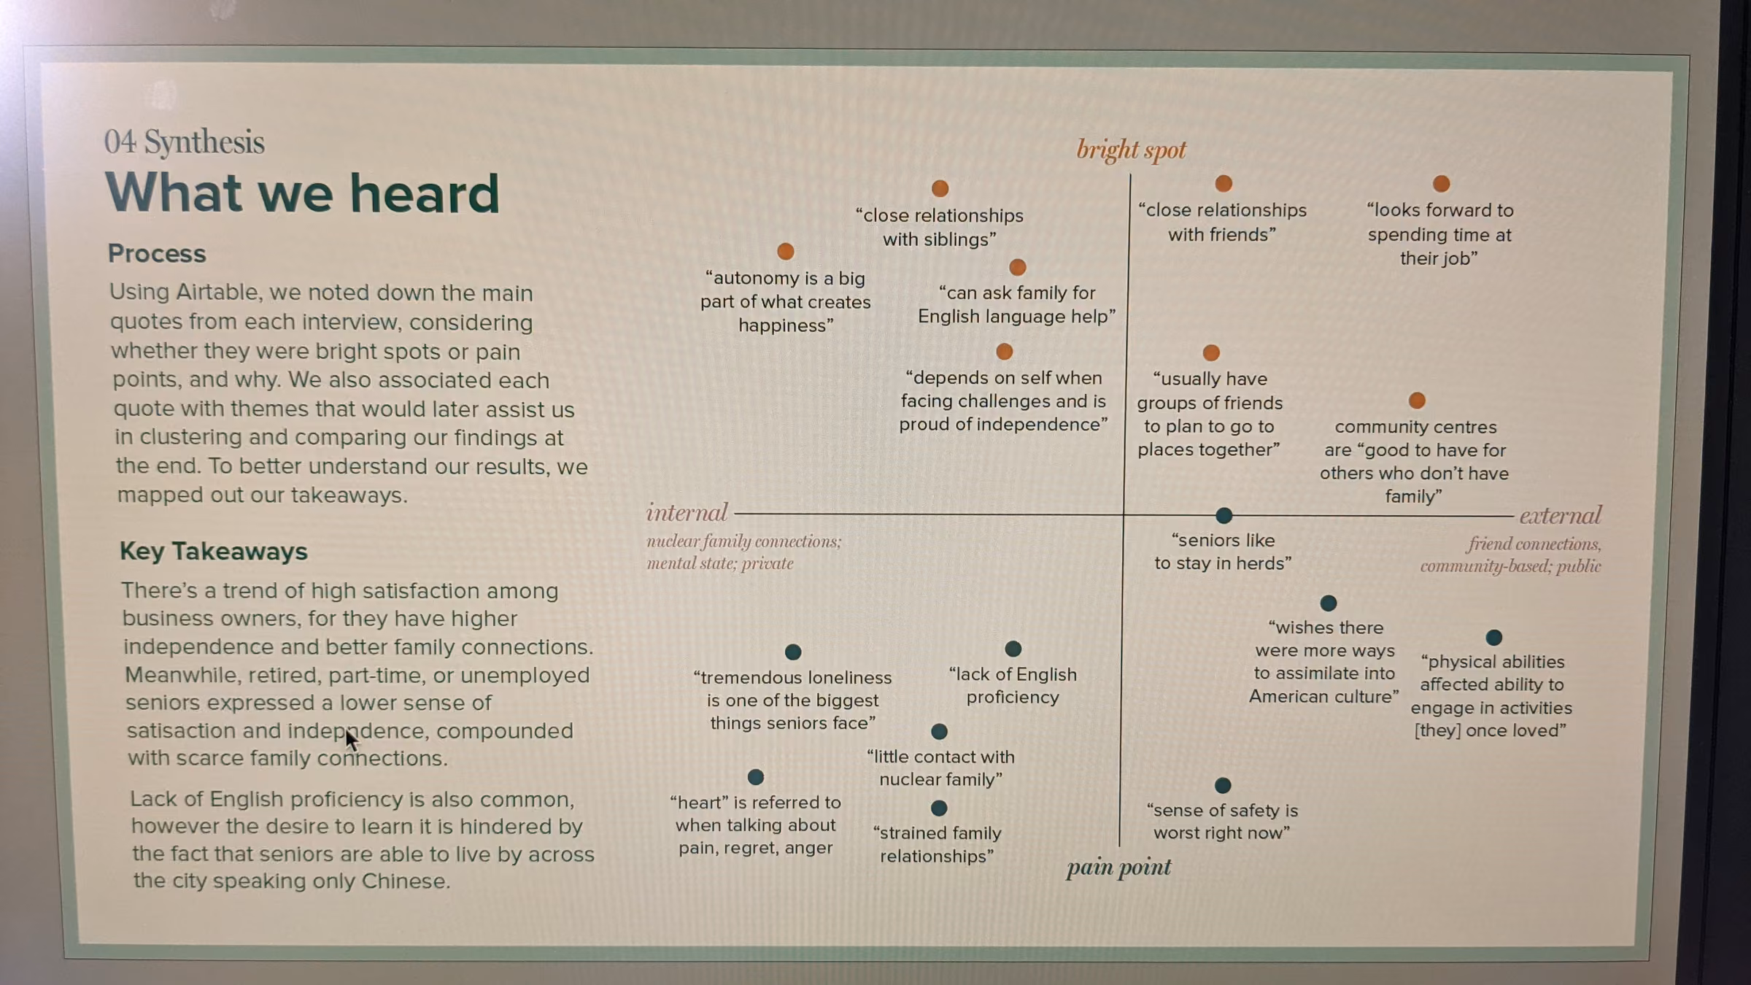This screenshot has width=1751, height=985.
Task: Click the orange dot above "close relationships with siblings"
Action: pyautogui.click(x=940, y=188)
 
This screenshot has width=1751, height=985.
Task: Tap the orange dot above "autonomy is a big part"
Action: pyautogui.click(x=785, y=251)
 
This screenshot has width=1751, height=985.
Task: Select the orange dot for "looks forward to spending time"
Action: pyautogui.click(x=1441, y=183)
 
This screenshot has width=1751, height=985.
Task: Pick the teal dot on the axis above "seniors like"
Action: pyautogui.click(x=1224, y=515)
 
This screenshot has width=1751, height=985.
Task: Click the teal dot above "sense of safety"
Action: pyautogui.click(x=1223, y=785)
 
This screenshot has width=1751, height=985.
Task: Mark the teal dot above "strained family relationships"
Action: pyautogui.click(x=939, y=808)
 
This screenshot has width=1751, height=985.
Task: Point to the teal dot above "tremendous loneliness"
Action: pyautogui.click(x=793, y=652)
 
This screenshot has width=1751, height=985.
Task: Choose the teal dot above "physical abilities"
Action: pyautogui.click(x=1493, y=637)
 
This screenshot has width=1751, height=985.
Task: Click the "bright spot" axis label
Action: pyautogui.click(x=1131, y=150)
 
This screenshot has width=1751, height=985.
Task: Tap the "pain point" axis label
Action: pyautogui.click(x=1118, y=868)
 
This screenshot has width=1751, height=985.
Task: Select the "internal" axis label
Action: pyautogui.click(x=687, y=512)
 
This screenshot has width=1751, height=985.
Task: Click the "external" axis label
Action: pyautogui.click(x=1561, y=516)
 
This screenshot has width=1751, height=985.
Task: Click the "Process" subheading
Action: pyautogui.click(x=157, y=253)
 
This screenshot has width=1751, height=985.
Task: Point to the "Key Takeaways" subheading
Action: pyautogui.click(x=214, y=551)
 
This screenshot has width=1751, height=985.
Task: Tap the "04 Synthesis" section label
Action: pyautogui.click(x=184, y=142)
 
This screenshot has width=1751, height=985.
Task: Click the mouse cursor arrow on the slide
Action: pyautogui.click(x=351, y=738)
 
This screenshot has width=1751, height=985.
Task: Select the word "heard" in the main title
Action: pyautogui.click(x=424, y=193)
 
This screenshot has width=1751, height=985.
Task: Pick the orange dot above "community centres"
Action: pyautogui.click(x=1417, y=400)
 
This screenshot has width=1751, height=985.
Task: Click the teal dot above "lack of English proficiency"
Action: pyautogui.click(x=1013, y=649)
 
